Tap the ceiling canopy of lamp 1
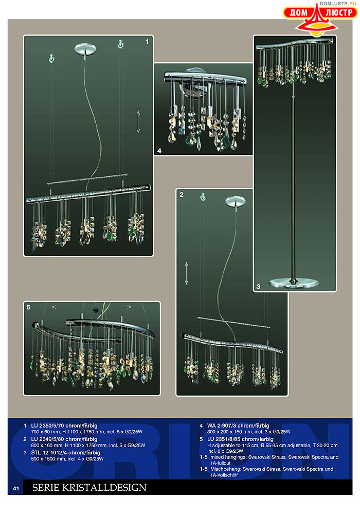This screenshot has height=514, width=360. click(85, 49)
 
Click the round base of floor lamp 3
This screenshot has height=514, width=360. click(294, 283)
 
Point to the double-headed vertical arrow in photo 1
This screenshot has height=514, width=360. click(138, 121)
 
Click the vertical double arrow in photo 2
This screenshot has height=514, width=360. click(186, 273)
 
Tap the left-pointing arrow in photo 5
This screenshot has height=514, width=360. click(57, 307)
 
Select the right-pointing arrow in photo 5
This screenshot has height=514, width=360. click(127, 307)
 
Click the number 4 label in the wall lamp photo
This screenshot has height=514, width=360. click(159, 151)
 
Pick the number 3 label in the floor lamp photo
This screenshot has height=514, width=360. click(258, 287)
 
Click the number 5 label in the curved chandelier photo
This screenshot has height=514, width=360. click(28, 307)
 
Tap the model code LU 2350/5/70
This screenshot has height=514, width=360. click(47, 426)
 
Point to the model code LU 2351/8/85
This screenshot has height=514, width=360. click(223, 439)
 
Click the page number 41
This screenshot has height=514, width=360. click(16, 488)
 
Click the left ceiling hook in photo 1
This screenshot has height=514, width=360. click(51, 58)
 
